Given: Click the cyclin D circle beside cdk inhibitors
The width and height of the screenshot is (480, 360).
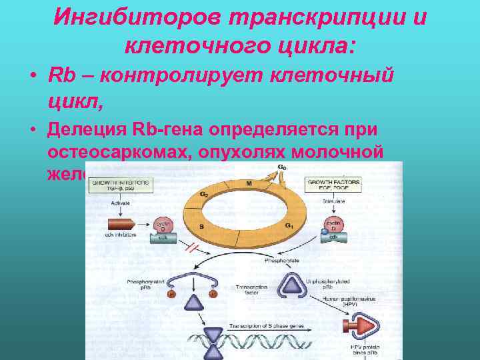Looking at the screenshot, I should point(161,225).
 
